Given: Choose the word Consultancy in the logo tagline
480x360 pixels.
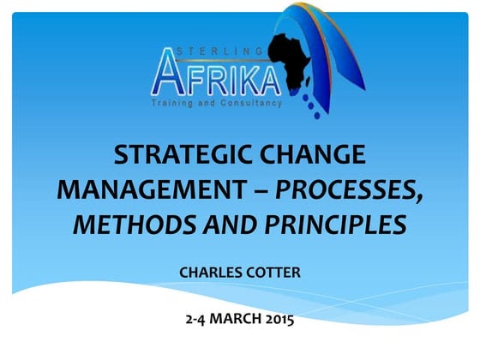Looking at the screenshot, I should click(249, 104).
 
